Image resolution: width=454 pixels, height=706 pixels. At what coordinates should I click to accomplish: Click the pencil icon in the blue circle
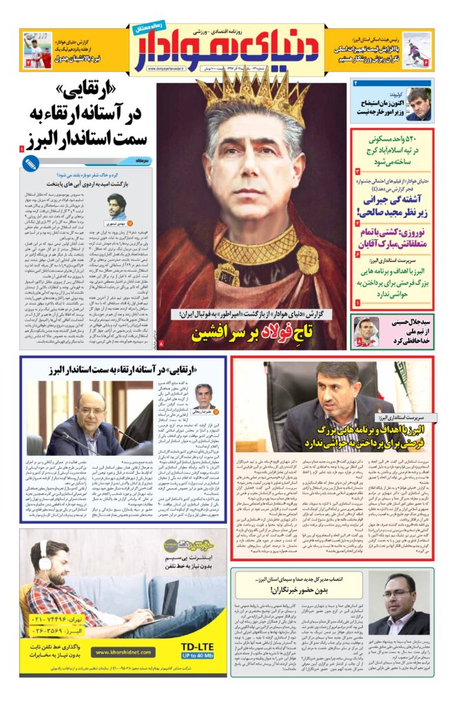(x=30, y=164)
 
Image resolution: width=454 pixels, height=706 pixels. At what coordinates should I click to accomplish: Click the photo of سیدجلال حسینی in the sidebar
(x=365, y=332)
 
